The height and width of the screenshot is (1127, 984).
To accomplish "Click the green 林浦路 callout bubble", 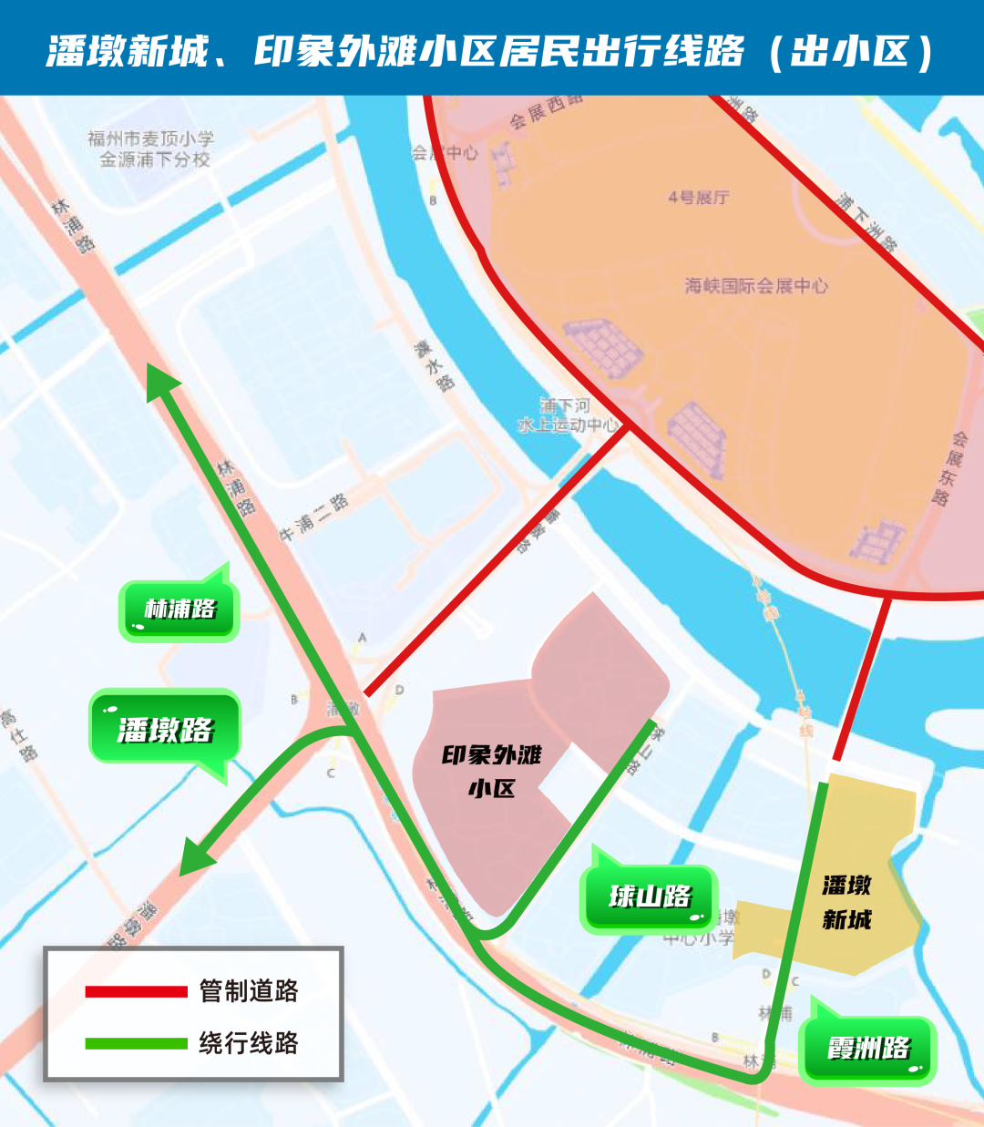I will pyautogui.click(x=179, y=609).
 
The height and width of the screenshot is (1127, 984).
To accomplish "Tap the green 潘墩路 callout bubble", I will pyautogui.click(x=165, y=729).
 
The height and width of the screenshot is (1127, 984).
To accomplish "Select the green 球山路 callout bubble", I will pyautogui.click(x=650, y=896).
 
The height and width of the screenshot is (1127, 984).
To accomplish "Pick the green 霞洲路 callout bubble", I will pyautogui.click(x=867, y=1049).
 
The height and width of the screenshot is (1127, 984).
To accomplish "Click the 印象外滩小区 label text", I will pyautogui.click(x=492, y=771).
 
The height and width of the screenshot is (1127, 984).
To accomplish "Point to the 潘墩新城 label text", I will pyautogui.click(x=846, y=902).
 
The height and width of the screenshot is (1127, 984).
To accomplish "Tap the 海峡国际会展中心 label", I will pyautogui.click(x=756, y=286).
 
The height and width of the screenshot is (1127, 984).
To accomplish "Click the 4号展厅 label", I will pyautogui.click(x=698, y=198).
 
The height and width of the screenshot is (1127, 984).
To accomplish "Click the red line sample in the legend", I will pyautogui.click(x=136, y=991).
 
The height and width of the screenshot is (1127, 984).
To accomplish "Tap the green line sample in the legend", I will pyautogui.click(x=136, y=1043).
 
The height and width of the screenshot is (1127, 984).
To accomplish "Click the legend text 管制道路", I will pyautogui.click(x=249, y=991).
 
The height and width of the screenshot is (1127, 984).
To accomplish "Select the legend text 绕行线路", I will pyautogui.click(x=249, y=1043).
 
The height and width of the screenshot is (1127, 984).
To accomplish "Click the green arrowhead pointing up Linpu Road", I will pyautogui.click(x=161, y=382).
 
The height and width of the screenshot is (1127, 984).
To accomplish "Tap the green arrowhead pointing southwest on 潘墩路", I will pyautogui.click(x=194, y=859).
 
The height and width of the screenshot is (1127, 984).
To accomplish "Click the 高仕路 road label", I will pyautogui.click(x=19, y=734).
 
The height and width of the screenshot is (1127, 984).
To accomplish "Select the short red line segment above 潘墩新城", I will pyautogui.click(x=860, y=679).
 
